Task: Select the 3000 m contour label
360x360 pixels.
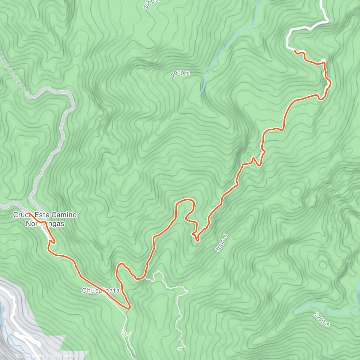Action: pyautogui.click(x=222, y=243)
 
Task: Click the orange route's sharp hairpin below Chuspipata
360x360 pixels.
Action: pyautogui.click(x=129, y=307)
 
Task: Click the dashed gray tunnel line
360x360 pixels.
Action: pyautogui.click(x=13, y=72)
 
